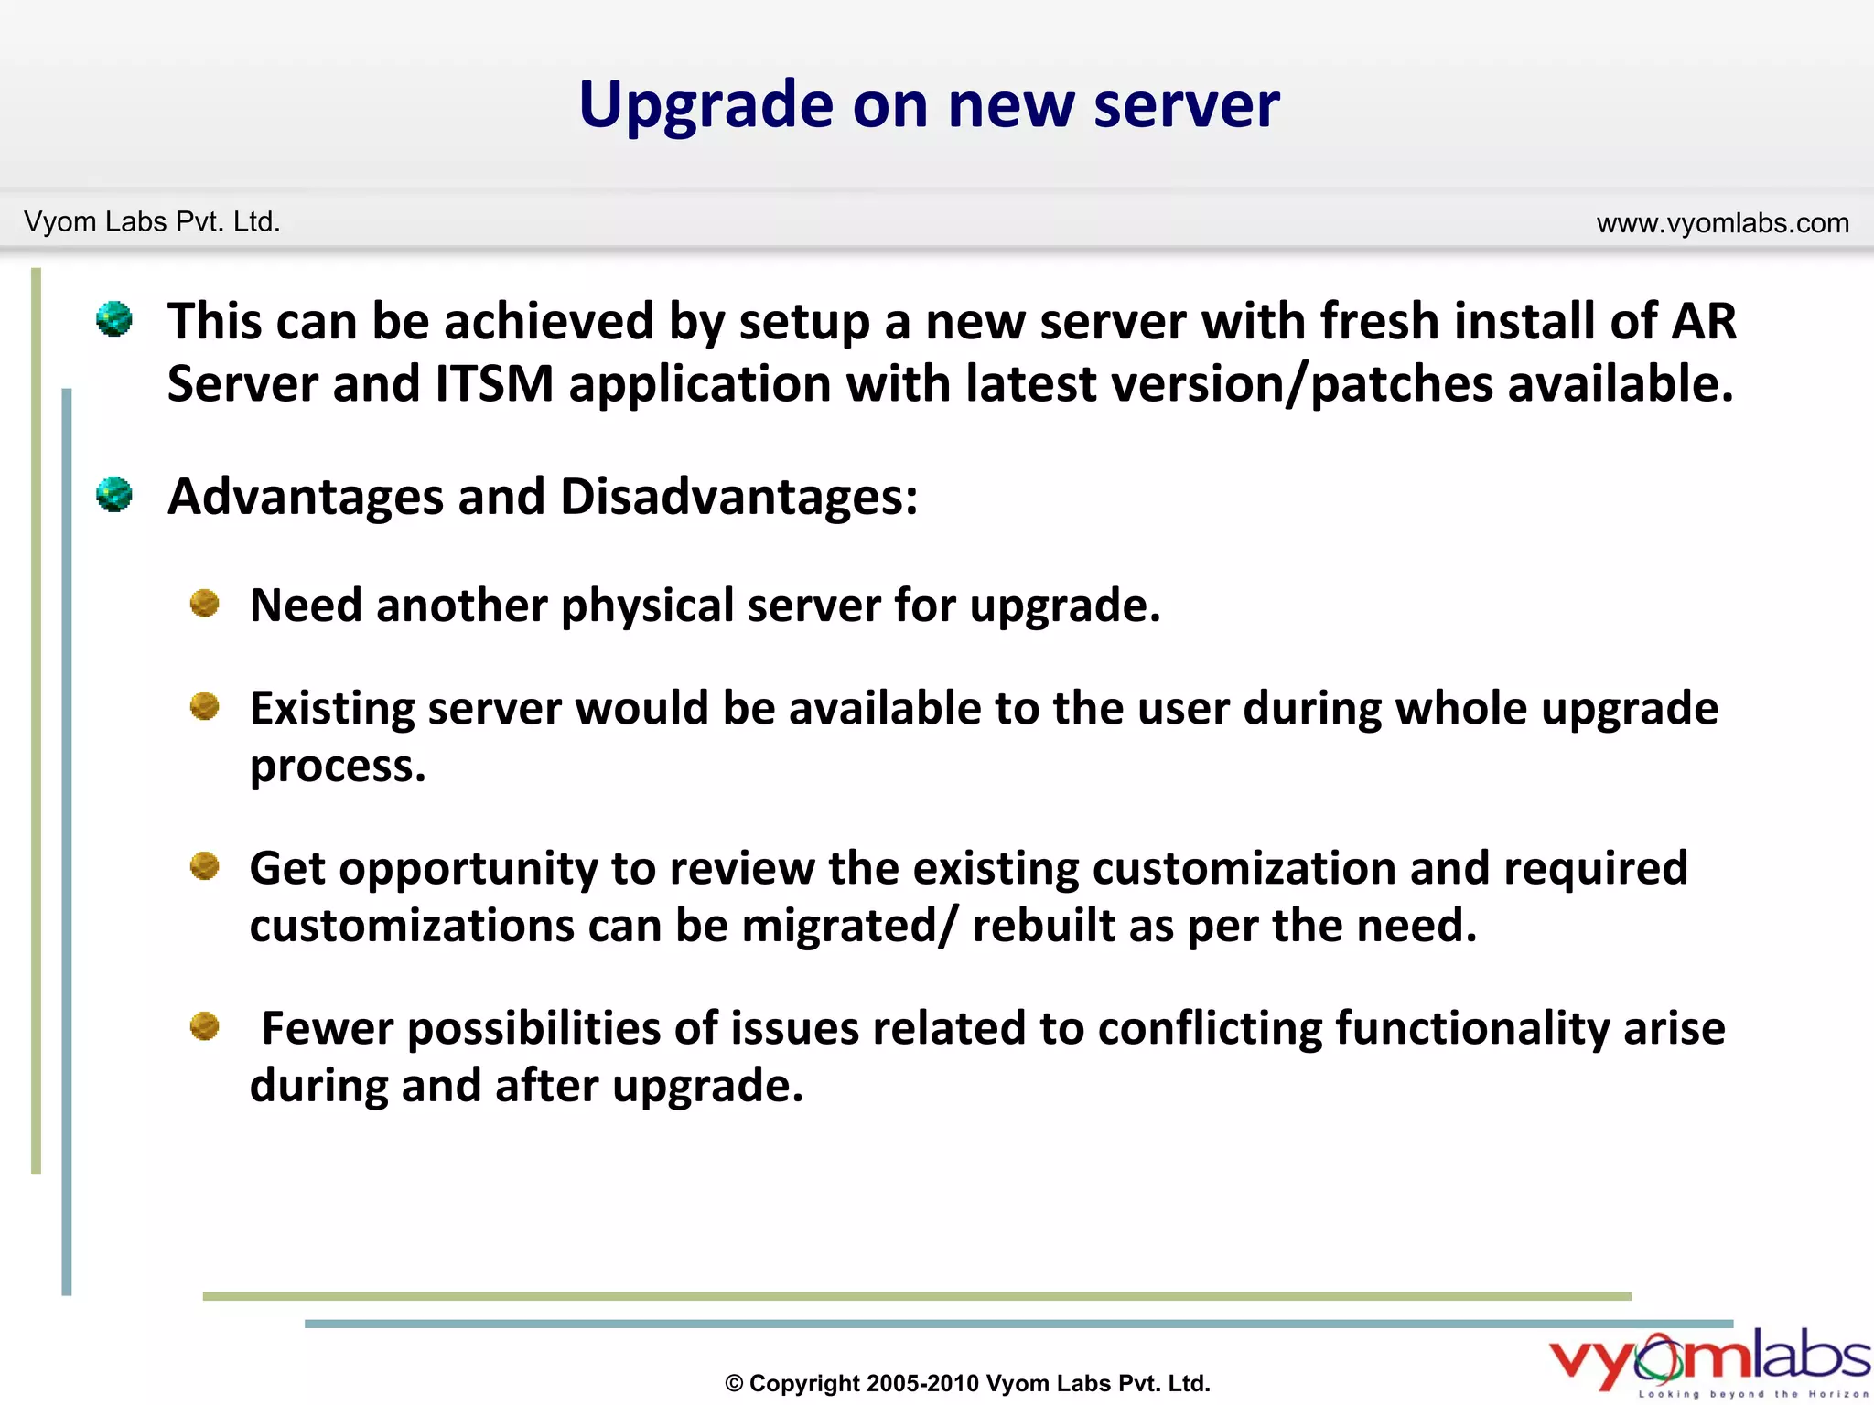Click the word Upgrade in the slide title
[705, 106]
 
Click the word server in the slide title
[1187, 106]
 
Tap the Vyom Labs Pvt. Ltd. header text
[152, 222]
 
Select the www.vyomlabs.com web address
[1722, 223]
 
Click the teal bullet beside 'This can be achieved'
[114, 319]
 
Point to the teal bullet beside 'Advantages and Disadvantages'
[114, 495]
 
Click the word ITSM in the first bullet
[494, 383]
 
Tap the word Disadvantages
[738, 497]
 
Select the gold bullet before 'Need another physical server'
[204, 604]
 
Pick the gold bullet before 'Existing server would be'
[204, 706]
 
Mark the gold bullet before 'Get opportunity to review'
[204, 865]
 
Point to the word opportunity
[468, 869]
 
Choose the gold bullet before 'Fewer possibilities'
[204, 1026]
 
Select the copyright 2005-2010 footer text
[967, 1383]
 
